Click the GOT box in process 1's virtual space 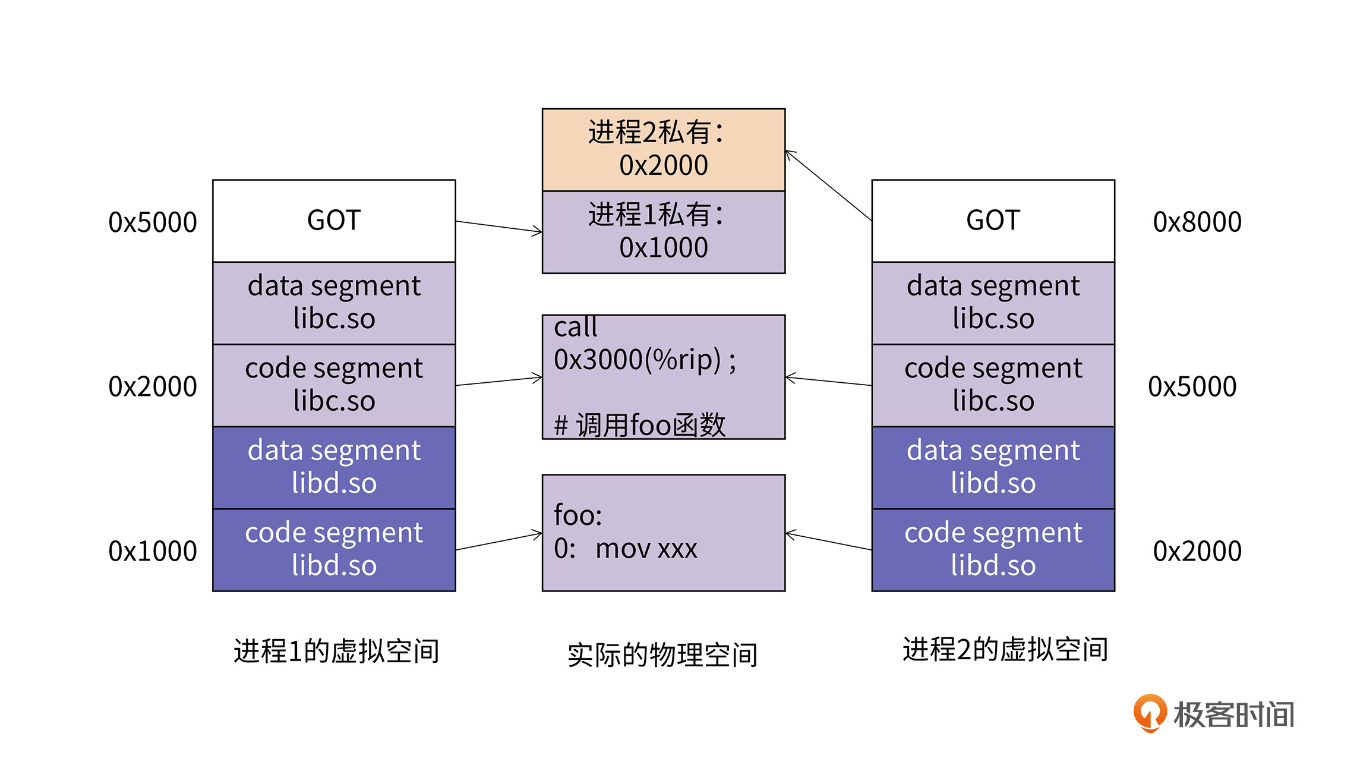(x=334, y=221)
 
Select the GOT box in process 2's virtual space (x=993, y=221)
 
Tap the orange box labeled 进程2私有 (x=663, y=149)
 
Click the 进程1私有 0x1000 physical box (x=663, y=232)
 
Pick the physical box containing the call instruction (x=663, y=377)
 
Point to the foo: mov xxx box (x=663, y=532)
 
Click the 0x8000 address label (x=1197, y=222)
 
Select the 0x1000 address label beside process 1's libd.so (x=152, y=551)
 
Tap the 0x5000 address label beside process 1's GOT (x=152, y=222)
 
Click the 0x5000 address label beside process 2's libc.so (x=1192, y=386)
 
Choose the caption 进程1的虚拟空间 (x=336, y=651)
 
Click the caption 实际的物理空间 (x=662, y=655)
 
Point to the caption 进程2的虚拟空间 (x=1005, y=649)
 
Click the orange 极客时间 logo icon (x=1150, y=713)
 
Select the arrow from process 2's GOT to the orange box (x=828, y=185)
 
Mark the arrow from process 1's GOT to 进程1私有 (x=499, y=227)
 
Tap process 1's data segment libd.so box (x=334, y=467)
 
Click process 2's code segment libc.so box (x=993, y=385)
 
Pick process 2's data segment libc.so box (x=993, y=303)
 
